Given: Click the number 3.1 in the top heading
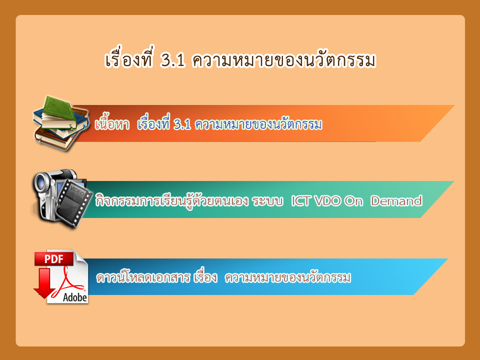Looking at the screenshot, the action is [173, 60].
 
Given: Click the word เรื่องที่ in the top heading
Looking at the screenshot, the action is [128, 57].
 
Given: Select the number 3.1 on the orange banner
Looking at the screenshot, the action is [182, 124].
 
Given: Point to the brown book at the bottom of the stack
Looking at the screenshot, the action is [55, 139].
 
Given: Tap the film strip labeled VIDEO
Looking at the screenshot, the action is [74, 201].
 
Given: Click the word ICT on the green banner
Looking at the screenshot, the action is [301, 201].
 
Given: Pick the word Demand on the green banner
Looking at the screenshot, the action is [396, 201].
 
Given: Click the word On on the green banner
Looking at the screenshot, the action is [353, 201].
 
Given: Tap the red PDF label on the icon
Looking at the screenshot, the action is [54, 259].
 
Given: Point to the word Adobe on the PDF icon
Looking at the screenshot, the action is [75, 297].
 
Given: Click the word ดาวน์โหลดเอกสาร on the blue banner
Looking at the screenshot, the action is [143, 277].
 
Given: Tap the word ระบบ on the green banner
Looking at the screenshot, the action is [267, 201].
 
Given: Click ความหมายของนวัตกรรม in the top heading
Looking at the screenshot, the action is [284, 59].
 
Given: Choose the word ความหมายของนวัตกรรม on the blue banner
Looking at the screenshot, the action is [288, 277].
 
